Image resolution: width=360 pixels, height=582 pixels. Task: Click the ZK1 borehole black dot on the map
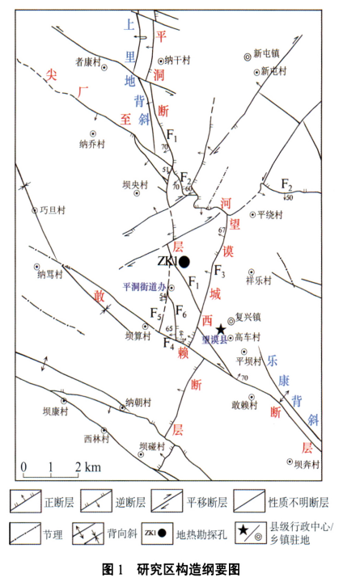184,262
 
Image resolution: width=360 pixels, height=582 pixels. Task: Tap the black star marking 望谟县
221,330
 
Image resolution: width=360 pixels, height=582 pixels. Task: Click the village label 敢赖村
244,406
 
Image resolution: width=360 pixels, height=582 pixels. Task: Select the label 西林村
95,439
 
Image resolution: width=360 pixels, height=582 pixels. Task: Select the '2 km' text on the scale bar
90,467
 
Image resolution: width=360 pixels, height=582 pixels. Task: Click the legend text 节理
52,533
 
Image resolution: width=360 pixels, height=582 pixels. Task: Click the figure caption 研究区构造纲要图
188,569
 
